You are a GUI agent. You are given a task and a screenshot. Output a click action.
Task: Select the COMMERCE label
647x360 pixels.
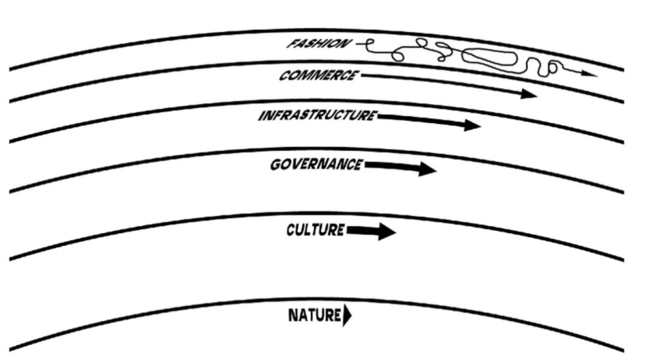click(319, 76)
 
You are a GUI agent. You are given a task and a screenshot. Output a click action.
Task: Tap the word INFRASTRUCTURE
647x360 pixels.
click(317, 116)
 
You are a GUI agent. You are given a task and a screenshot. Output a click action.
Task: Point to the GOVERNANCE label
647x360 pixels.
click(316, 164)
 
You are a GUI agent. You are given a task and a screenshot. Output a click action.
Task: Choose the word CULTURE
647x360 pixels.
click(315, 230)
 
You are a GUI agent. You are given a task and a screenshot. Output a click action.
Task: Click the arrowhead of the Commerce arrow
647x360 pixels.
click(529, 93)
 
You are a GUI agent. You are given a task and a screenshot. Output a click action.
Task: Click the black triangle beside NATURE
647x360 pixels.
click(347, 316)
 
